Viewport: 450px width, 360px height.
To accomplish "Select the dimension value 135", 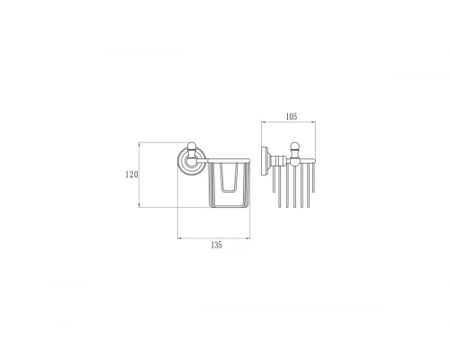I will tap(215, 245).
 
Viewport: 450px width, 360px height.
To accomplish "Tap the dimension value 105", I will tap(288, 116).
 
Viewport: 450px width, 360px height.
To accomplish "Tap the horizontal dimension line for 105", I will tap(288, 123).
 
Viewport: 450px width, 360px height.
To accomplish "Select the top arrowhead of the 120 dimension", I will tap(140, 143).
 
